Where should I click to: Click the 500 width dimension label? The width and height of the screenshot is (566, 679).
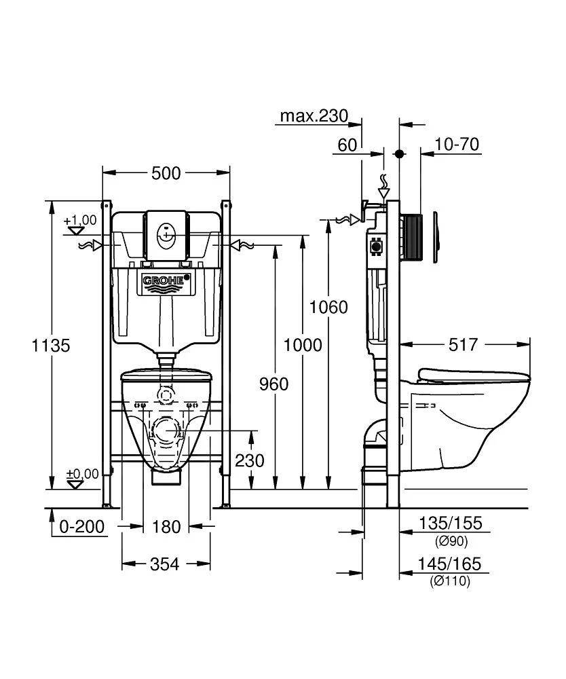coord(166,173)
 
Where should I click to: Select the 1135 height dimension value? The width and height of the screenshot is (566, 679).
coord(51,345)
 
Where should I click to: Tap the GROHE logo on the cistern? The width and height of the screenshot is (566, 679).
coord(166,280)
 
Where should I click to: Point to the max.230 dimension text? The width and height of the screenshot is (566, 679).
coord(314,116)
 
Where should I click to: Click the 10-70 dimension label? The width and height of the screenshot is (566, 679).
coord(457,145)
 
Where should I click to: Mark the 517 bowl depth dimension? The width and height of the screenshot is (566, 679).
coord(463,345)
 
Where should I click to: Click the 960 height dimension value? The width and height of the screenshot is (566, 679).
coord(273,384)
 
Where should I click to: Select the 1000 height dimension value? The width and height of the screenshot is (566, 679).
coord(303,345)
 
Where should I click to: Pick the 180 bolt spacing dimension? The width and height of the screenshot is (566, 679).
coord(166,526)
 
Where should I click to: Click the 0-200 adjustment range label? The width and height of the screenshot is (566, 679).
coord(83,526)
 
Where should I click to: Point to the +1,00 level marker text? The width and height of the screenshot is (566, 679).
coord(81,221)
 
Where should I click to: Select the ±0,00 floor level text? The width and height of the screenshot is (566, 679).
coord(81,473)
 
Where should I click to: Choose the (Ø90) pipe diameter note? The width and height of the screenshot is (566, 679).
coord(450,541)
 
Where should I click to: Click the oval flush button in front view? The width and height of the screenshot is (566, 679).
coord(166,237)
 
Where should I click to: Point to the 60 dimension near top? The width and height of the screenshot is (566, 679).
coord(347,145)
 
